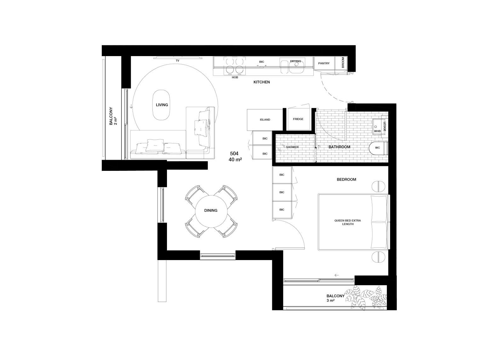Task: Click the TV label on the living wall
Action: tap(178, 61)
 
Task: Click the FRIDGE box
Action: tap(298, 119)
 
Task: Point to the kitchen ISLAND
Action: tap(265, 120)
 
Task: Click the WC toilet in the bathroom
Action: tap(378, 148)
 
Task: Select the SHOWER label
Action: tap(292, 147)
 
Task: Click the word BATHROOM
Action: tap(339, 147)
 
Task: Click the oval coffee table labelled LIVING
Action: tap(161, 105)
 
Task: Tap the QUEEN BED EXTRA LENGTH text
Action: tap(348, 222)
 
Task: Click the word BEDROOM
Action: tap(346, 179)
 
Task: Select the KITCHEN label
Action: tap(262, 82)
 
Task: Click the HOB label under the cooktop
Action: tap(235, 77)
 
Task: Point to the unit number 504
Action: tap(234, 154)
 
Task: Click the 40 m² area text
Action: tap(235, 160)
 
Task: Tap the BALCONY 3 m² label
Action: tap(335, 298)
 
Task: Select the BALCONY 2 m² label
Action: tap(113, 116)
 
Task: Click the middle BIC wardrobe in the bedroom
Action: tap(282, 192)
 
